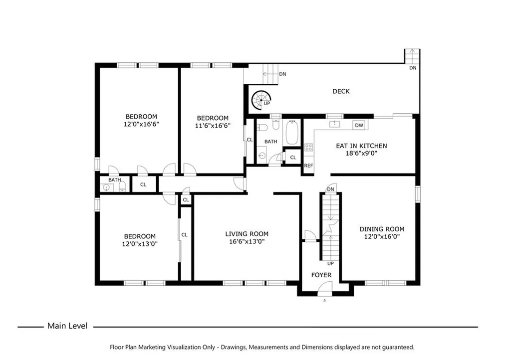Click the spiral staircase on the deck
[261, 100]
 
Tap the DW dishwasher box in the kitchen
[359, 125]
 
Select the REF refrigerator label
[308, 166]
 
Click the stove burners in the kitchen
[308, 147]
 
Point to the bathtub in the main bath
[292, 133]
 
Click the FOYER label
[321, 275]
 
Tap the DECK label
[341, 91]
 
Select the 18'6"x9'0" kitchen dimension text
[361, 153]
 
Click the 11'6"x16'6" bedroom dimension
[213, 126]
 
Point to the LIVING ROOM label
[247, 234]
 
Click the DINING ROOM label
[382, 229]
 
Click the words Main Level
[67, 326]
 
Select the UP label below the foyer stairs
[330, 264]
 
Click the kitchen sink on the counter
[334, 124]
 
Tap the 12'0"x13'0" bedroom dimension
[140, 244]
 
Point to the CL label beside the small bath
[143, 184]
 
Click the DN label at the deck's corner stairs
[413, 68]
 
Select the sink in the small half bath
[106, 187]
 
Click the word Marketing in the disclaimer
[152, 348]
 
